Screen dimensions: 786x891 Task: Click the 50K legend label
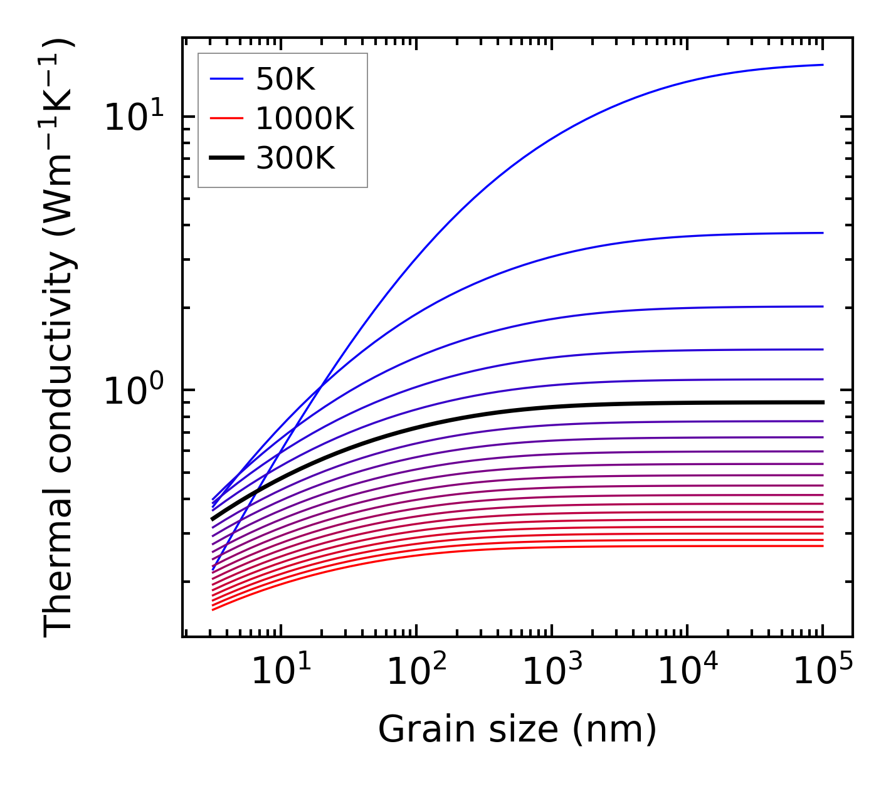[x=285, y=80]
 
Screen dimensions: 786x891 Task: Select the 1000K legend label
[x=305, y=119]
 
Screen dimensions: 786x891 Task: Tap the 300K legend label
[x=295, y=159]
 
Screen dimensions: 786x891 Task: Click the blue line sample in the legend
[x=226, y=79]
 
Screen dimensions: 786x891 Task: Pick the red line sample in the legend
[x=226, y=118]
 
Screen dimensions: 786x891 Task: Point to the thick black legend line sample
[x=226, y=159]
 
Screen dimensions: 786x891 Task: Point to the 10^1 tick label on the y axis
[x=134, y=117]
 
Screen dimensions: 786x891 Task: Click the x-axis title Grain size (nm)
[x=517, y=730]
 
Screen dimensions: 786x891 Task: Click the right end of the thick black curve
[x=822, y=402]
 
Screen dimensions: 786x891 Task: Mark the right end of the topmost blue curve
[x=822, y=65]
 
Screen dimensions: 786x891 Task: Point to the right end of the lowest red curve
[x=822, y=546]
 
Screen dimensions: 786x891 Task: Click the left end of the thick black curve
[x=213, y=519]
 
